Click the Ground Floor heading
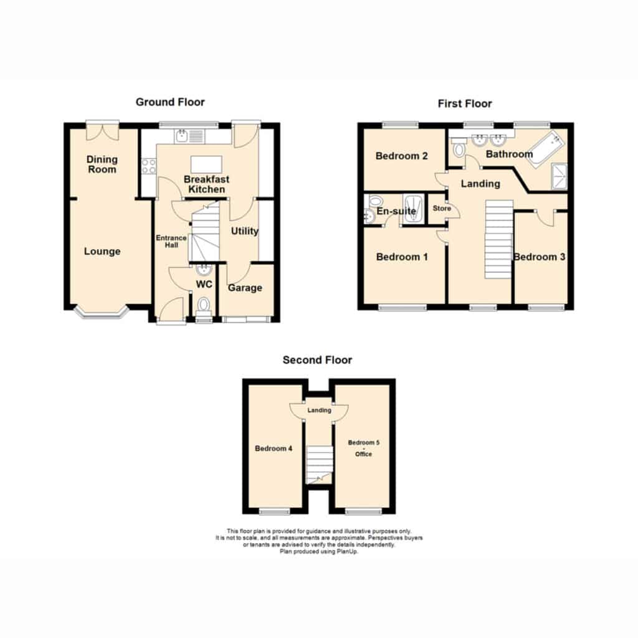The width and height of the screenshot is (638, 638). point(170,102)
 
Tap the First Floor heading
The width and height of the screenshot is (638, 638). point(465,104)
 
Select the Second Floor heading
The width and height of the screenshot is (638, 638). point(317,360)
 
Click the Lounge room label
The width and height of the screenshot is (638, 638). point(102,252)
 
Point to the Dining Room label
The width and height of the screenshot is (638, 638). point(102,164)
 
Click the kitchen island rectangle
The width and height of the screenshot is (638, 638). point(206,164)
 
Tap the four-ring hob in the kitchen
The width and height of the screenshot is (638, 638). point(148,166)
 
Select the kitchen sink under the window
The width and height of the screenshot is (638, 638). point(189,136)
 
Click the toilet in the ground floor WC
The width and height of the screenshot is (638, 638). point(204,306)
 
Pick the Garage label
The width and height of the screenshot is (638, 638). point(245,288)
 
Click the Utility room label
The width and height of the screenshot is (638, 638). point(244,231)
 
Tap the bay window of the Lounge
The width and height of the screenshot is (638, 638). point(102,313)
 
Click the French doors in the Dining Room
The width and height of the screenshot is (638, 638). point(103,130)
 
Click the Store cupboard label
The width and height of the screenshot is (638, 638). point(442,208)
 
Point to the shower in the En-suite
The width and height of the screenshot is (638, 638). point(414,208)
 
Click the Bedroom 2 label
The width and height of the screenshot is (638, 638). point(402,156)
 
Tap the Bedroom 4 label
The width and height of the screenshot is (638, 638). point(274,449)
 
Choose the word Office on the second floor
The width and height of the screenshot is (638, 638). point(363,454)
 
